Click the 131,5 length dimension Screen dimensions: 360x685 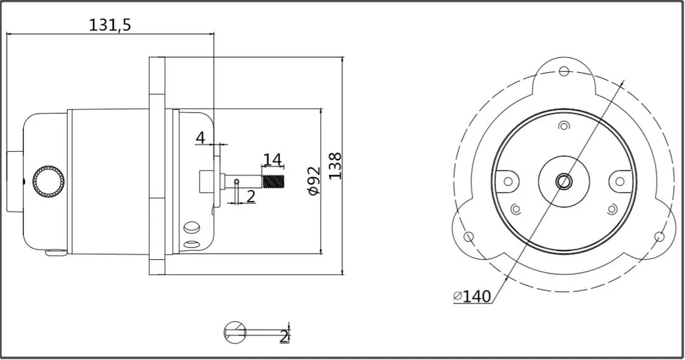point(109,25)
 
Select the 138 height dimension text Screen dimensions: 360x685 point(334,166)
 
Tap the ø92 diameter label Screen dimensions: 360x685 point(313,182)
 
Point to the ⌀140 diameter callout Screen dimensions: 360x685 point(472,297)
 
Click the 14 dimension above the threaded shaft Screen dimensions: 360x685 point(272,159)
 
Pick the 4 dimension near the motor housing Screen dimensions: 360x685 point(200,137)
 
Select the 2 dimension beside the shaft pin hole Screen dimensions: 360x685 point(250,196)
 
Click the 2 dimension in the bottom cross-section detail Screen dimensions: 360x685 point(283,335)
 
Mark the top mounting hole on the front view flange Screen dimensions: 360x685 point(564,70)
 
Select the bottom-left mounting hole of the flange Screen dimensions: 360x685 point(469,236)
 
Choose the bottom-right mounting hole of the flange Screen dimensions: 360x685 point(659,236)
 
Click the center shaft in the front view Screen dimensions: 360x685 point(564,181)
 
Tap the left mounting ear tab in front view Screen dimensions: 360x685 point(507,181)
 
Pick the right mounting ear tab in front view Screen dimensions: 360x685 point(620,181)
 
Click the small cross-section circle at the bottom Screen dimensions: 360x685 point(235,332)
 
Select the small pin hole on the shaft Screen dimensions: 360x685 point(237,182)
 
